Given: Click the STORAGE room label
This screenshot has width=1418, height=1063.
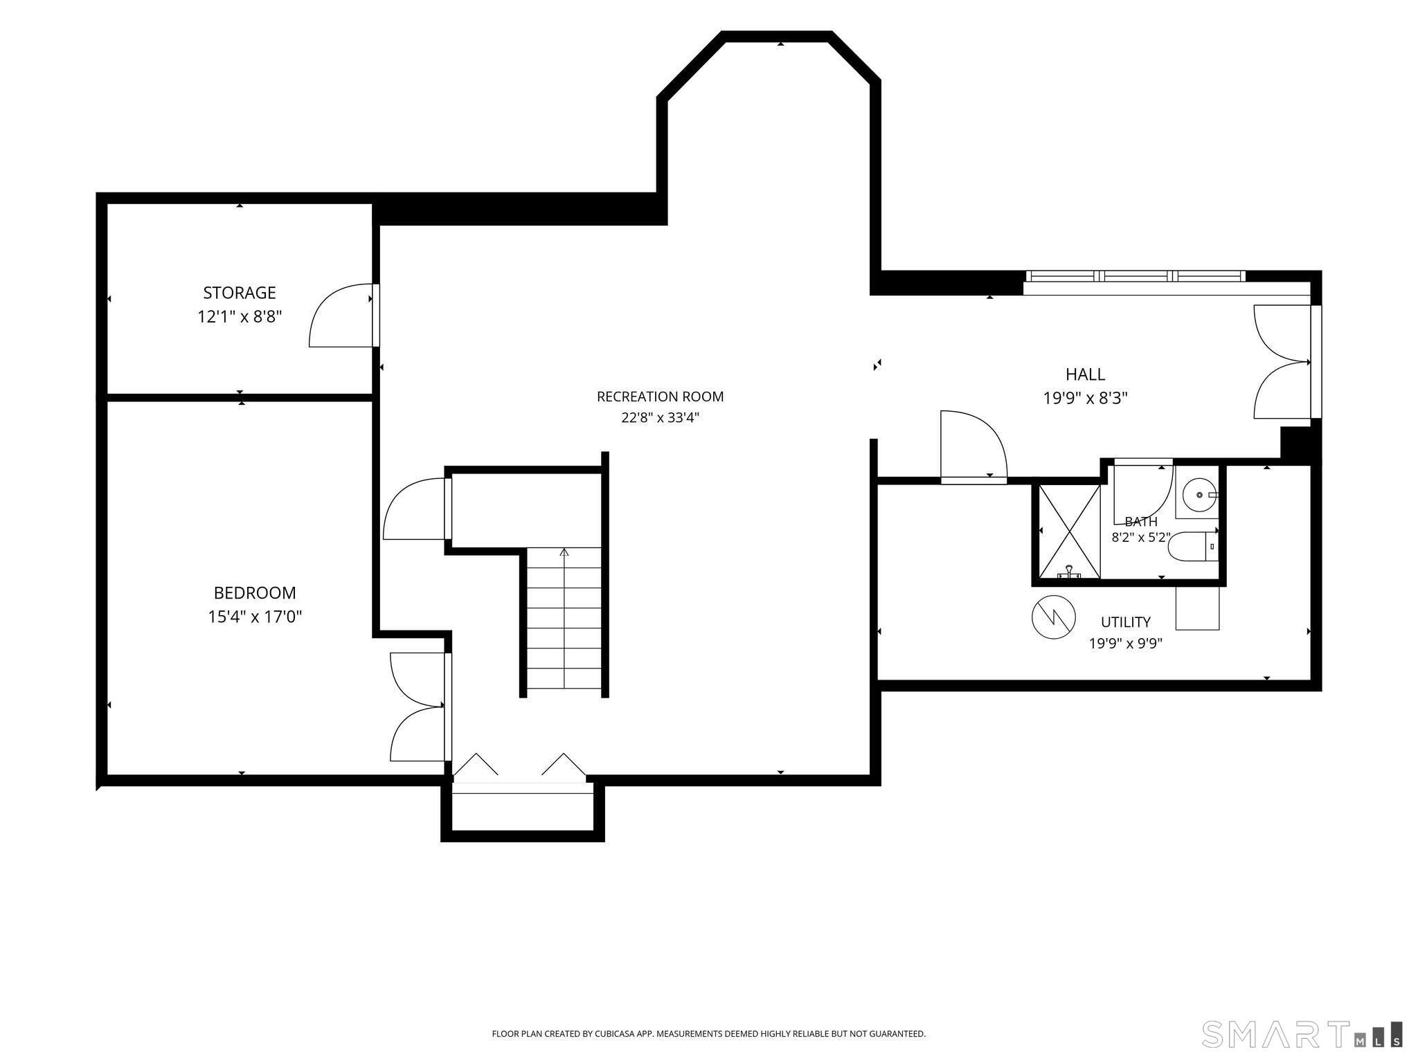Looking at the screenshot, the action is (240, 293).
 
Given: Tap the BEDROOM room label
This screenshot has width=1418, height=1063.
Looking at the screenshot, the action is (255, 593).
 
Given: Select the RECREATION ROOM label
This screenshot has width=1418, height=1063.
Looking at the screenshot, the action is (660, 397).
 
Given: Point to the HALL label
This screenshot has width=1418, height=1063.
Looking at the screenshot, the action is (1085, 374).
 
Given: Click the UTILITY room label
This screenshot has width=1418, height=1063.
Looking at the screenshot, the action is (1126, 622).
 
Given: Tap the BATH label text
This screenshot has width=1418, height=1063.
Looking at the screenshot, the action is (1141, 522).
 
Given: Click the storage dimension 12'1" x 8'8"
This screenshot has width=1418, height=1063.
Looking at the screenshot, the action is (240, 317).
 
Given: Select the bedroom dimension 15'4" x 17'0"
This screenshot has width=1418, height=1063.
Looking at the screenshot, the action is (255, 617).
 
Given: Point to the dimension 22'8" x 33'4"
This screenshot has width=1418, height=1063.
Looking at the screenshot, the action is (660, 417).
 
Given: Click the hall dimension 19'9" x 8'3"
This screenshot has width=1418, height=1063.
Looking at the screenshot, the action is (1085, 399).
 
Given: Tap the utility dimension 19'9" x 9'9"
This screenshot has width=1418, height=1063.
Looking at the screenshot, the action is (1126, 644).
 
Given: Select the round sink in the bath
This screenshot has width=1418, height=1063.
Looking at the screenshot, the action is (1198, 495).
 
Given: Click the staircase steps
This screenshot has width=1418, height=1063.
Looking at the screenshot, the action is (564, 619).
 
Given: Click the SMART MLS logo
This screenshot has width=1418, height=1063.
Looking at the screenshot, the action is (1302, 1033).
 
